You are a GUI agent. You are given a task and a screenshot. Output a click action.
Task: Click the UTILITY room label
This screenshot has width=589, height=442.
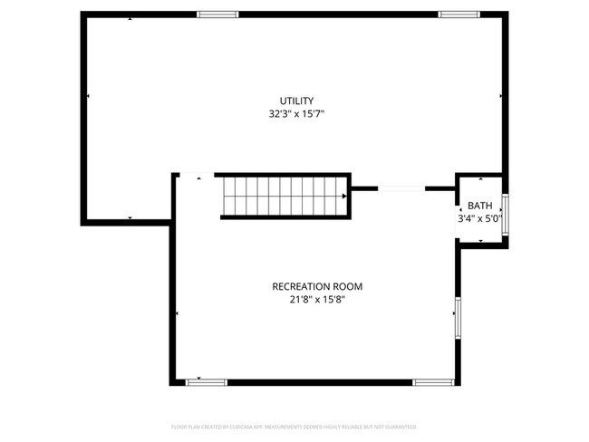coord(296,100)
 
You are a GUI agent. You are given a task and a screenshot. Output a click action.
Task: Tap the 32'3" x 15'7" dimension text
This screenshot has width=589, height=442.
coord(296,114)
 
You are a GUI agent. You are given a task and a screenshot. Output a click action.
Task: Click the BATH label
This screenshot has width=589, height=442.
coord(480,206)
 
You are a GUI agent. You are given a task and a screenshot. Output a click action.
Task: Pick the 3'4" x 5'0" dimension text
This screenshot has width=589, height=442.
coord(479,218)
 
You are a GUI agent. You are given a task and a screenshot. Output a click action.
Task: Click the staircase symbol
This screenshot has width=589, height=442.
coord(285,197)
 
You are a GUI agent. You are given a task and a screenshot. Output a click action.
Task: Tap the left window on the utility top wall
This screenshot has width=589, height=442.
coord(217,14)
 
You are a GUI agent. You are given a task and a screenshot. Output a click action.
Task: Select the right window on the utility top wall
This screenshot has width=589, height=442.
coord(458,14)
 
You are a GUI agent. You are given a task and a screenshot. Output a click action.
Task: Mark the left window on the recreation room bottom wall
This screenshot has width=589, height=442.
coord(206,382)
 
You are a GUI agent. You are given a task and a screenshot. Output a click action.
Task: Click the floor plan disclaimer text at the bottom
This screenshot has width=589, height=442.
coord(294,426)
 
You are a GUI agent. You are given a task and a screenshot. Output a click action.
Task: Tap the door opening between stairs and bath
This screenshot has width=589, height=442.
coord(401,188)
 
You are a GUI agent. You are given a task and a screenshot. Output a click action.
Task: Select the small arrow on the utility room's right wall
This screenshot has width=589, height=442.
coord(501,94)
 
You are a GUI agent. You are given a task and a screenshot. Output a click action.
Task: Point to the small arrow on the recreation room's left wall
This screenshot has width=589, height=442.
coord(177,313)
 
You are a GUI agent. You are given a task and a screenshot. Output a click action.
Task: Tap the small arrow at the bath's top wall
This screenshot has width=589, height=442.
coord(480,178)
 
